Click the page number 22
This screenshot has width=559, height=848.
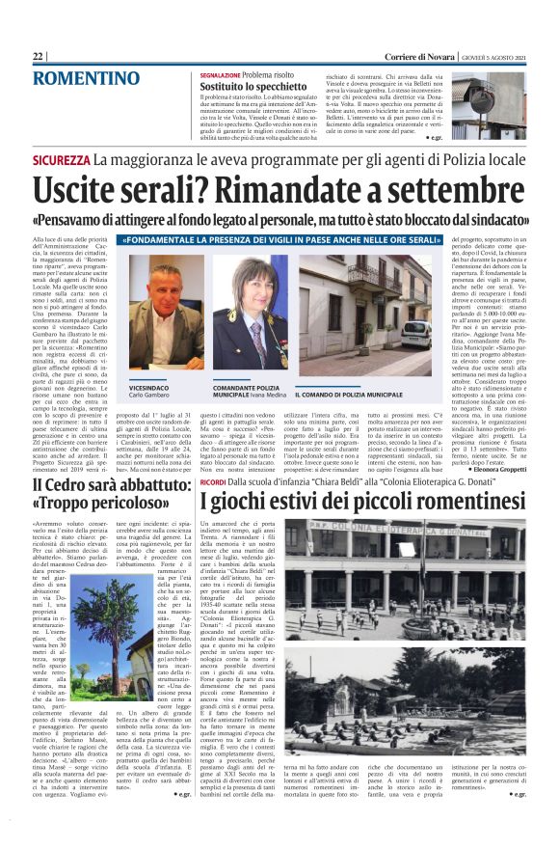(x=38, y=57)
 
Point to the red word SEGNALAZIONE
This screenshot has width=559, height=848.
(x=220, y=74)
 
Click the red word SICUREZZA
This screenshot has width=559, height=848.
(x=62, y=159)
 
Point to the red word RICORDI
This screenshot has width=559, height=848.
(x=213, y=480)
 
